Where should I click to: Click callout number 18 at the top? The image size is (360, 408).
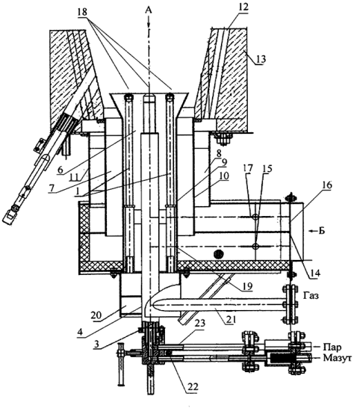tap(82, 12)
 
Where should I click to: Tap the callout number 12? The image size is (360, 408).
tap(243, 7)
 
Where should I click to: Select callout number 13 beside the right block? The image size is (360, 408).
tap(261, 59)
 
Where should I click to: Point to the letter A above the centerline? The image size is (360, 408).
tap(149, 10)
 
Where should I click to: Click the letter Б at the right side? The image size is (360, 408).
tap(322, 231)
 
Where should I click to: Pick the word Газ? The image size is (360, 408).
tap(311, 296)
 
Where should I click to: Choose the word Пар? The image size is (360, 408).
tap(332, 347)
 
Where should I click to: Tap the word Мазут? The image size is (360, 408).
tap(338, 358)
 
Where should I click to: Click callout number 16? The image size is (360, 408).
tap(326, 185)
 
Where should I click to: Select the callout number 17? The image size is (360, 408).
tap(248, 168)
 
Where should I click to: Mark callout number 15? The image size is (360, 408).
tap(267, 168)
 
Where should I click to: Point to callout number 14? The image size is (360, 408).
tap(314, 273)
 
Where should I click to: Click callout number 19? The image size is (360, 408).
tap(247, 286)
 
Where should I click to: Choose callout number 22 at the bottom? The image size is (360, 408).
tap(193, 386)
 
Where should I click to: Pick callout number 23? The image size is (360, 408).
tap(199, 324)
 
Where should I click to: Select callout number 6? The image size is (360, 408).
tap(60, 170)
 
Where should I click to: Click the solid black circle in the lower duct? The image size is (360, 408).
tap(219, 253)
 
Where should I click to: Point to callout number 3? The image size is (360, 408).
tap(96, 344)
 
